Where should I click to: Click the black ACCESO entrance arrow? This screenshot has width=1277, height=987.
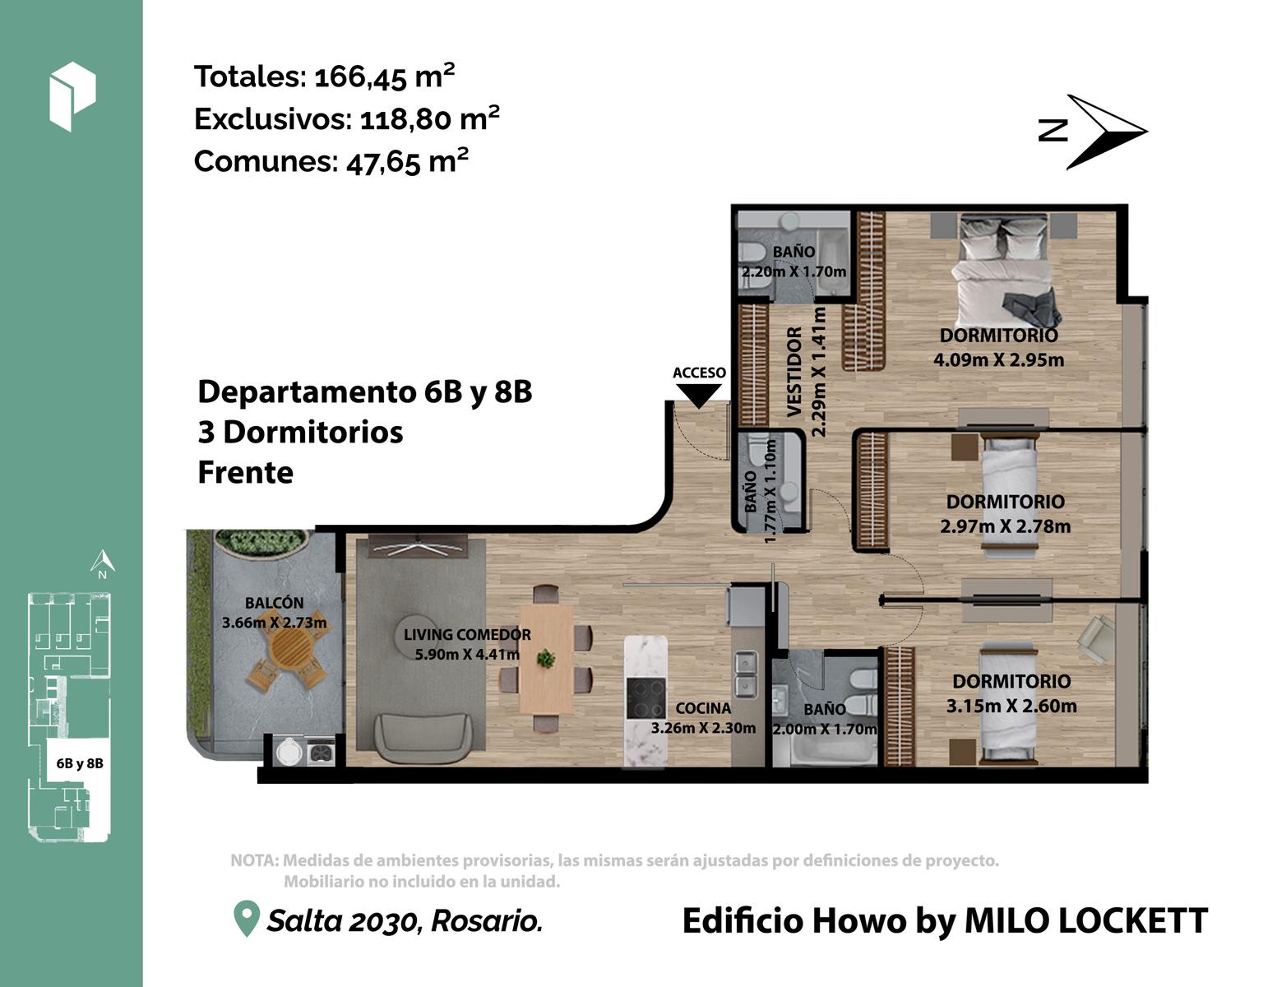pos(698,396)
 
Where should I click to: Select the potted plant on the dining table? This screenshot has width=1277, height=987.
pos(546,658)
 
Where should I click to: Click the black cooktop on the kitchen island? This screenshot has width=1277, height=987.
pos(645,697)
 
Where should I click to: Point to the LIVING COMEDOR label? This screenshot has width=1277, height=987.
pos(467,634)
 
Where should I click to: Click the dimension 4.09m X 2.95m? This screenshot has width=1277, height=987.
pos(998,359)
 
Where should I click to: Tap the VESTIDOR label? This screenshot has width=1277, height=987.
pos(794,372)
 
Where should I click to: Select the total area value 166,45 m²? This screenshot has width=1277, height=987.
pos(384,76)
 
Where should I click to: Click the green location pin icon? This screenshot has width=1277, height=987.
pos(247,918)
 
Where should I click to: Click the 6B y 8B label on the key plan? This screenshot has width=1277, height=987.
pos(80,763)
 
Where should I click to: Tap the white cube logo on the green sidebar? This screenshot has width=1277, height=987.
pos(72,96)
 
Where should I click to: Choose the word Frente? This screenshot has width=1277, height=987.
pos(245,472)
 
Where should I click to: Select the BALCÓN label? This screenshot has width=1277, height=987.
pos(275,603)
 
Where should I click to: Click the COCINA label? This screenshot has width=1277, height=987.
pos(703,708)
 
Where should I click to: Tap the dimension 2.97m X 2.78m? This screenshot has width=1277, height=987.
pos(1005,526)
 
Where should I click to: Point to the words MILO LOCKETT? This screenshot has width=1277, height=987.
pos(1086,920)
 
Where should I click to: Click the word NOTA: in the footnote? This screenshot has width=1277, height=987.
pos(254,860)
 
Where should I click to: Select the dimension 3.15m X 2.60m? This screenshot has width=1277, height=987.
pos(1011,706)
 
